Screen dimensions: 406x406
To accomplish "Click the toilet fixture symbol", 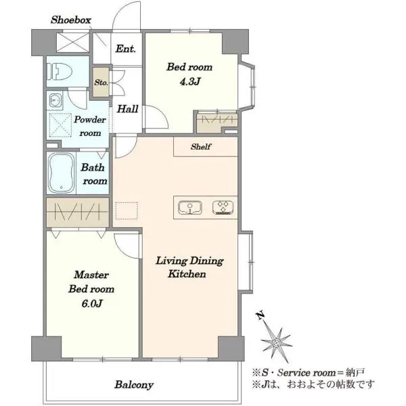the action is tap(59, 72).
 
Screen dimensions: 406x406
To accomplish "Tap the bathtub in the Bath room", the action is tap(62, 173).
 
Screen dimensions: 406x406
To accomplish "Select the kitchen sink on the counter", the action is tap(190, 208).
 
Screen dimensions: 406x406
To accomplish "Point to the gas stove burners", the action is tap(223, 208).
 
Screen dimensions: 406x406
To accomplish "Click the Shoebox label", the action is tap(70, 20).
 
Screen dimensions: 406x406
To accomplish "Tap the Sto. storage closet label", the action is tap(101, 83).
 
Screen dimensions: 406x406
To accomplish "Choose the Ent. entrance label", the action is tap(126, 49).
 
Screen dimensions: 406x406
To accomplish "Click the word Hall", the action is tap(127, 109).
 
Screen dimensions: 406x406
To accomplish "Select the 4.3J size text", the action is tap(189, 82).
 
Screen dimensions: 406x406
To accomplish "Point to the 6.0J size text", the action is tap(91, 303).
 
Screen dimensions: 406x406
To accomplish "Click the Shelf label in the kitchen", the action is tap(201, 147).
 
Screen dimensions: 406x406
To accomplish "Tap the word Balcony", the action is tap(134, 385).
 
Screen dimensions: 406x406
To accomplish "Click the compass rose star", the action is tap(277, 343).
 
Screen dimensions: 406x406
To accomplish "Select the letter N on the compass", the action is tap(261, 315).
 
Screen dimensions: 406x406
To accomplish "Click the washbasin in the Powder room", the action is tap(55, 99).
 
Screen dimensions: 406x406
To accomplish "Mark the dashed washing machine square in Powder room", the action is tap(60, 125).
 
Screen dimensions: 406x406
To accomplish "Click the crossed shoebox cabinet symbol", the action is tap(73, 42).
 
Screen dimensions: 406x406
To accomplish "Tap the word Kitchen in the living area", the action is tap(187, 274).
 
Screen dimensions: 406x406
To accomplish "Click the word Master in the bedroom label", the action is tap(91, 275).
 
